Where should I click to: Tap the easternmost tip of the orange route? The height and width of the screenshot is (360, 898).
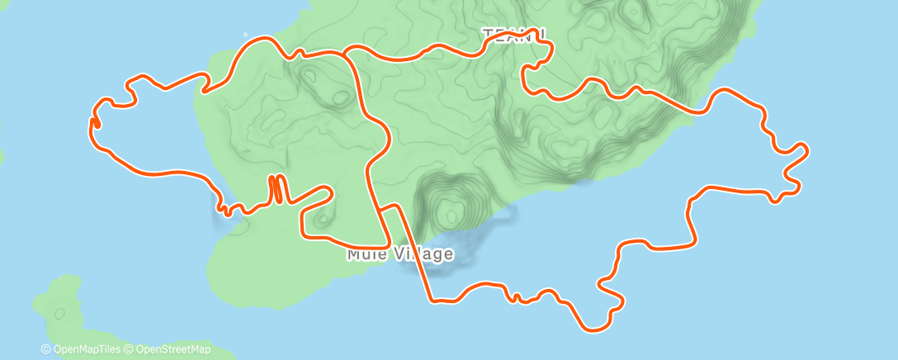pos(806,149)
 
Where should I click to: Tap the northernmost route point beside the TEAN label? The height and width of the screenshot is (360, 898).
pos(541,31)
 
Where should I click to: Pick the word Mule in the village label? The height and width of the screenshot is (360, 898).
pos(364,253)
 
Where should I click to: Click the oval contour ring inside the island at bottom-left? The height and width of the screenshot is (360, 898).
pos(59,314)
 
